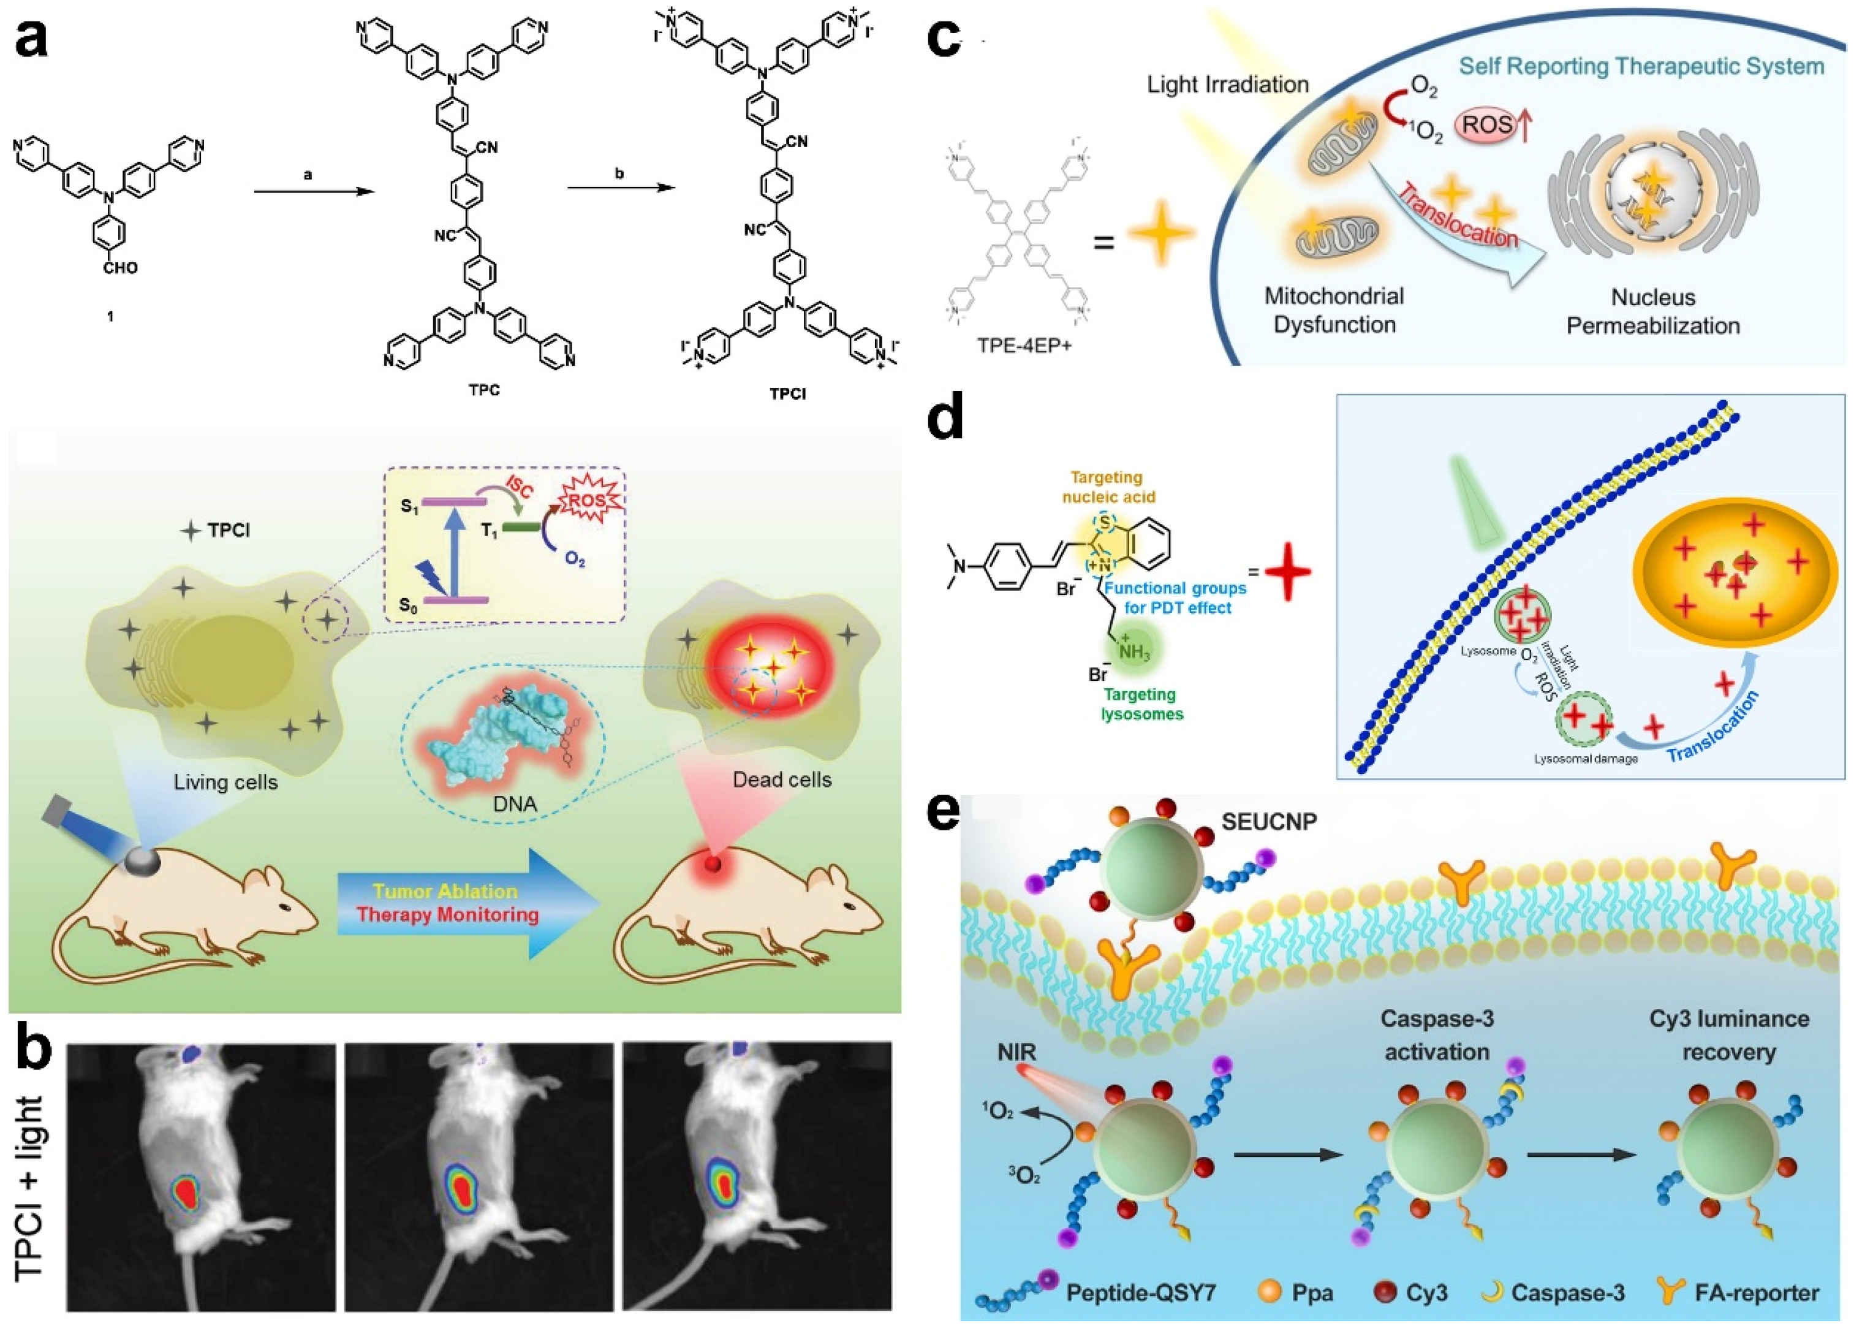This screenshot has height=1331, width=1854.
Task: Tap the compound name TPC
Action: point(484,390)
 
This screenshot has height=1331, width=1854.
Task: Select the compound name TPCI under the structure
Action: point(787,393)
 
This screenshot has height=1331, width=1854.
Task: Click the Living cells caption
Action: point(225,783)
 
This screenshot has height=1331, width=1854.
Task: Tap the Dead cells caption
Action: point(782,780)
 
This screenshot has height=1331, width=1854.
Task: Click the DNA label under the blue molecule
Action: point(515,805)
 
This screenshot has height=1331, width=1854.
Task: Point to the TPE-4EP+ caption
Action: point(1024,345)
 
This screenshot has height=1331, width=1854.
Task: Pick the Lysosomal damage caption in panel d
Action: point(1585,759)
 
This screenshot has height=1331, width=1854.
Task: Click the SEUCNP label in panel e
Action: point(1269,822)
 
